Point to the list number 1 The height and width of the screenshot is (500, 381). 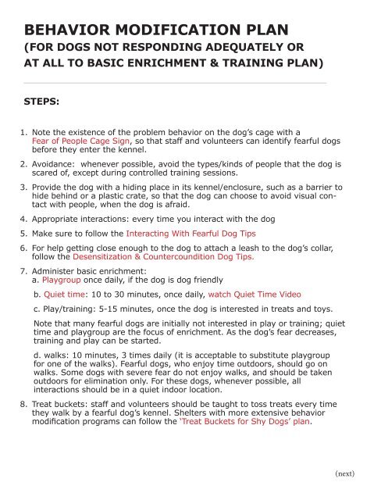pyautogui.click(x=24, y=134)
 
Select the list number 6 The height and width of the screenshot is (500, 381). pyautogui.click(x=24, y=248)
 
